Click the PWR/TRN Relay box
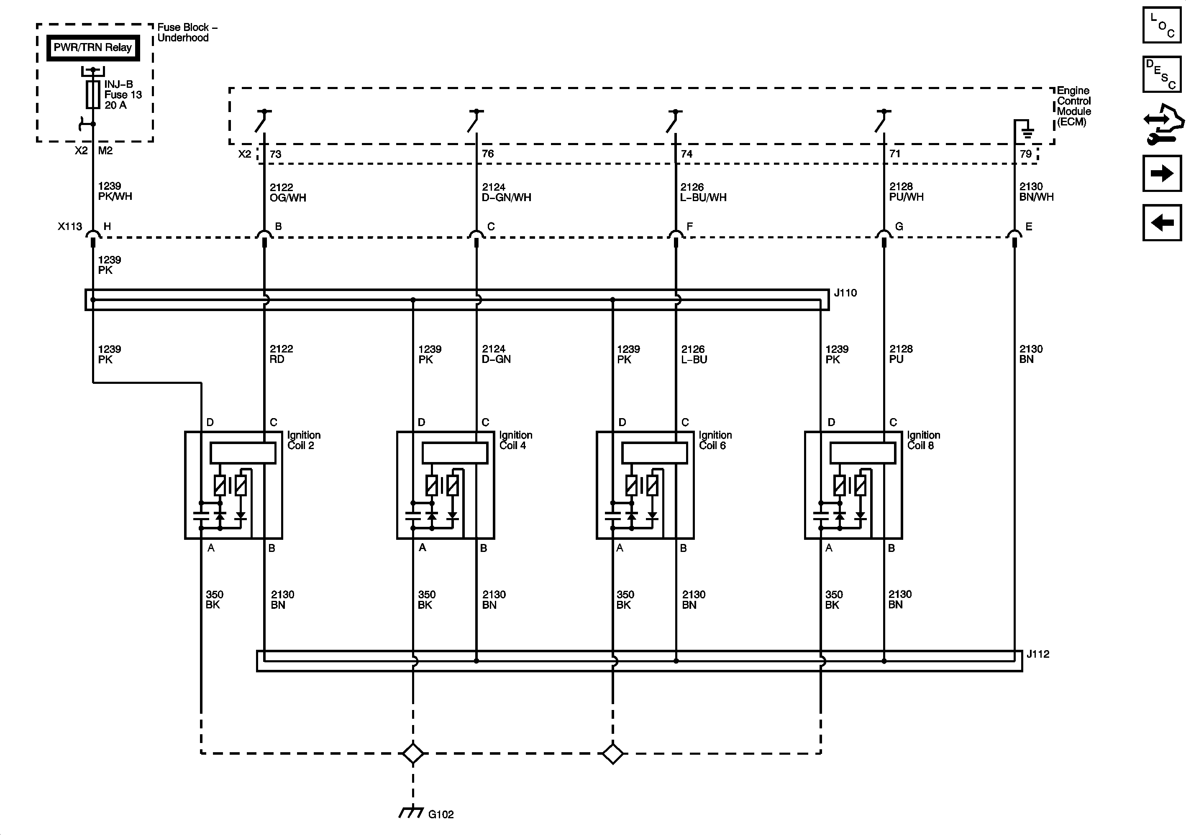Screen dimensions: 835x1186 coord(93,48)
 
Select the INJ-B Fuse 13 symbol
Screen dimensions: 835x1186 coord(93,94)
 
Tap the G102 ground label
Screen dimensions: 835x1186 coord(441,815)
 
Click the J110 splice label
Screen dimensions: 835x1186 coord(845,293)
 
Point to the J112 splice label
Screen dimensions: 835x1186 coord(1038,654)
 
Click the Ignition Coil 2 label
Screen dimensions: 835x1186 coord(303,440)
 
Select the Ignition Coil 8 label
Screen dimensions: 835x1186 coord(923,440)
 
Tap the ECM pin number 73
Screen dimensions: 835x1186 coord(275,154)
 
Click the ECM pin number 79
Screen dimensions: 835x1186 coord(1025,154)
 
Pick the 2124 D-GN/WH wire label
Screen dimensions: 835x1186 coord(506,192)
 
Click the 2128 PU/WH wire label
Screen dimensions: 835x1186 coord(906,192)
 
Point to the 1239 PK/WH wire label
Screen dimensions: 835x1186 coord(115,191)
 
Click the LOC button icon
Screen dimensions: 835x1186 coord(1162,25)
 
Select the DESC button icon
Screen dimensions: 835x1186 coord(1162,74)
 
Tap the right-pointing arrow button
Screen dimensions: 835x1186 coord(1162,173)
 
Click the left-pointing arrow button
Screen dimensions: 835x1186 coord(1162,222)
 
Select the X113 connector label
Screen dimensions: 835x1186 coord(70,227)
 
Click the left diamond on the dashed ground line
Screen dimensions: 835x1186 coord(413,753)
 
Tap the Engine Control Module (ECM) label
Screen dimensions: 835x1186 coord(1073,106)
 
